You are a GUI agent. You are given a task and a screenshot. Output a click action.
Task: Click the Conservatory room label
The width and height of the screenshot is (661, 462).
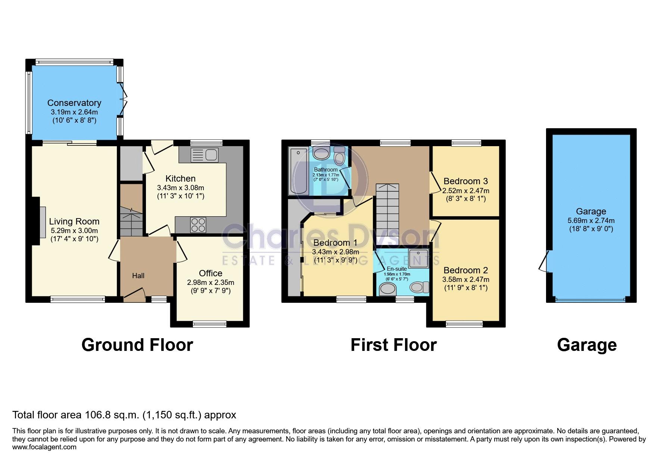click(x=74, y=103)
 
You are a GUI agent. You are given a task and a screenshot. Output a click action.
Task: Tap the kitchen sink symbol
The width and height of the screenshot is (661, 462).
click(x=204, y=155)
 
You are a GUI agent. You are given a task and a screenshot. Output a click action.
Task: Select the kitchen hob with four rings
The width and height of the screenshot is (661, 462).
click(x=198, y=225)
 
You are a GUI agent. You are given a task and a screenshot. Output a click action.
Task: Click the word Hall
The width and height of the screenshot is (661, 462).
click(x=138, y=276)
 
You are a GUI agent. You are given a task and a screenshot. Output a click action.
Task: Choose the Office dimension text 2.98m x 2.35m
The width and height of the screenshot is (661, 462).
click(x=211, y=283)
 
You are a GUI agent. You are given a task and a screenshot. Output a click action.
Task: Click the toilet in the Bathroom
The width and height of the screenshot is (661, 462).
click(x=339, y=156)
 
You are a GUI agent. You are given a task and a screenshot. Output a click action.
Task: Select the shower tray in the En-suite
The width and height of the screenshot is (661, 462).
click(x=419, y=258)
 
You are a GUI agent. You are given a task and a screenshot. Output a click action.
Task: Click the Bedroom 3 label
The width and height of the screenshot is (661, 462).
click(x=465, y=182)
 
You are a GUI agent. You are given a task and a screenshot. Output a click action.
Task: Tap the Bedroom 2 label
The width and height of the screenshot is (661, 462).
click(x=465, y=270)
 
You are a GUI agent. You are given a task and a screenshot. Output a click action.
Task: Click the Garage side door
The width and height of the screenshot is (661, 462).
click(x=545, y=260)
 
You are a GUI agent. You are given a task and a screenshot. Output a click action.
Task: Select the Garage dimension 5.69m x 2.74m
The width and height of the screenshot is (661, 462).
click(x=591, y=221)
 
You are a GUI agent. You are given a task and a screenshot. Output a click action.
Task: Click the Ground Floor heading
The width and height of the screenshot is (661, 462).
click(x=137, y=345)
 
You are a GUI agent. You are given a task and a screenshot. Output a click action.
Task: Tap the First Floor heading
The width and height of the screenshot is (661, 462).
click(x=393, y=345)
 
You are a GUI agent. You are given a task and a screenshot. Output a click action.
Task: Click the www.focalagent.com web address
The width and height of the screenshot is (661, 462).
click(x=44, y=447)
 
